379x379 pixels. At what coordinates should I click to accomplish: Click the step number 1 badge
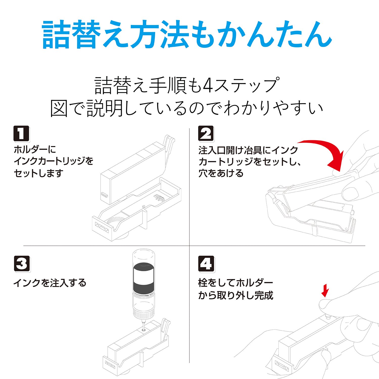click(x=21, y=133)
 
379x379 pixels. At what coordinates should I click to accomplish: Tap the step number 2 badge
click(x=206, y=133)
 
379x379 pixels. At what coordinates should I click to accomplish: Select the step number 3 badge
click(x=22, y=264)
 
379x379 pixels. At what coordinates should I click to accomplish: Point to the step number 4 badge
click(x=206, y=264)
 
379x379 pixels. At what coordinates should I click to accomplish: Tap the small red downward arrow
click(x=325, y=291)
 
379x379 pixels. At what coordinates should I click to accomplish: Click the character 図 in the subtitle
click(x=59, y=109)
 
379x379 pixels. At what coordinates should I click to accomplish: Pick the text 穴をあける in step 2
click(x=221, y=173)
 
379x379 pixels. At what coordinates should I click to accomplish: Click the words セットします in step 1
click(x=38, y=173)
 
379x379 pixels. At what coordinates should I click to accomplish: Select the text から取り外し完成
click(x=235, y=295)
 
